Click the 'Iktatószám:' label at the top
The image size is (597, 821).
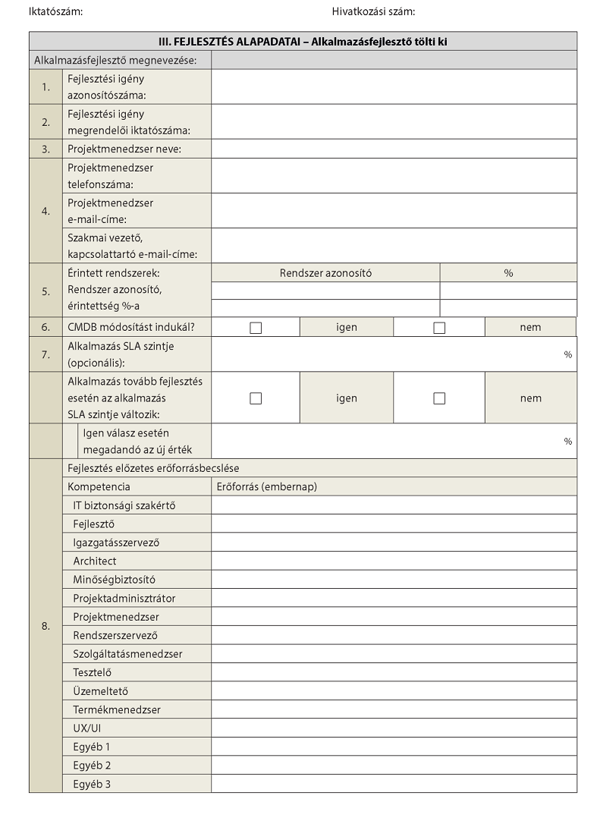click(x=55, y=11)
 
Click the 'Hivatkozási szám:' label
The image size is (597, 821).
click(x=373, y=11)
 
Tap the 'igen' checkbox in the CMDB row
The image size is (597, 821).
click(x=256, y=328)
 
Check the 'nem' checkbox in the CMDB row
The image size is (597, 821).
click(x=439, y=328)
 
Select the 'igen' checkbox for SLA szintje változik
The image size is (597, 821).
click(x=256, y=398)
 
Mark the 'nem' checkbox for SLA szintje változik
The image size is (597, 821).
click(x=439, y=398)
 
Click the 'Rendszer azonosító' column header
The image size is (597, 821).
click(x=325, y=273)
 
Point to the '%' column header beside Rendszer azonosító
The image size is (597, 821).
click(x=508, y=273)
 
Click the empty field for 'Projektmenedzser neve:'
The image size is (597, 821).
click(x=394, y=149)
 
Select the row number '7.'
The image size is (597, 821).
click(x=46, y=354)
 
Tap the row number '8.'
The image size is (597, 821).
click(x=46, y=626)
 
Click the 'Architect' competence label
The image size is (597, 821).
click(x=95, y=561)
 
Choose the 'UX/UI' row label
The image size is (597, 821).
click(x=87, y=728)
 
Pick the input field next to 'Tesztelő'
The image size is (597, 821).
click(x=394, y=672)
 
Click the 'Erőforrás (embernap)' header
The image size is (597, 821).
click(x=267, y=486)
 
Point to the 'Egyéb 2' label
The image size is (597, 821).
click(x=92, y=765)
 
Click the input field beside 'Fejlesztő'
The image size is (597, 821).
click(x=394, y=524)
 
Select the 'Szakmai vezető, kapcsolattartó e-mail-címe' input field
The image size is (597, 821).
click(x=394, y=246)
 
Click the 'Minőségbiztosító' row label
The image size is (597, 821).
click(x=114, y=580)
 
